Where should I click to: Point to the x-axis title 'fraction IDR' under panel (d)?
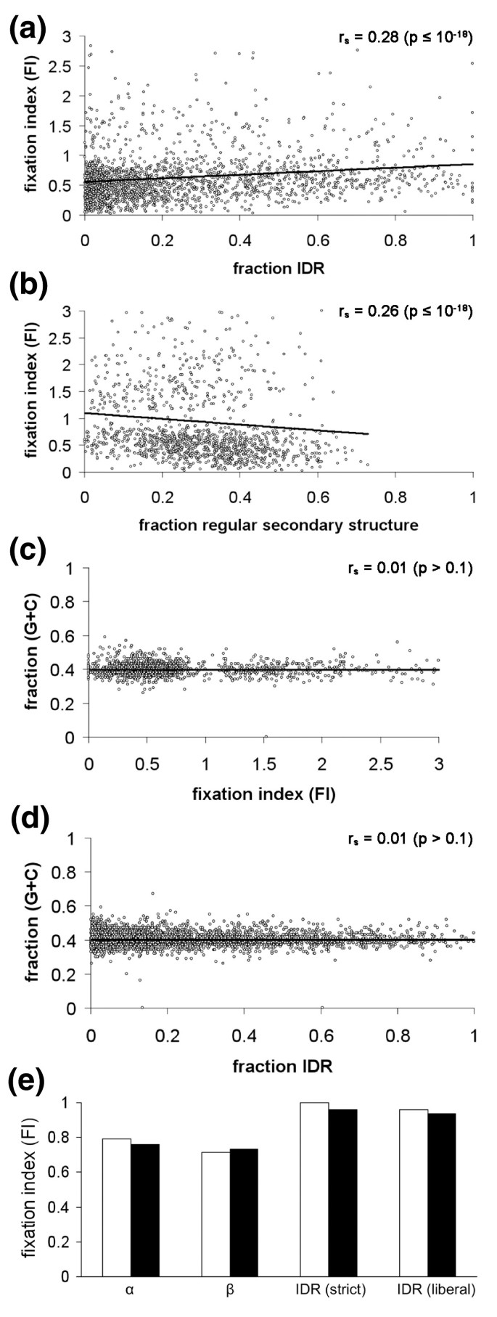pyautogui.click(x=283, y=1067)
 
